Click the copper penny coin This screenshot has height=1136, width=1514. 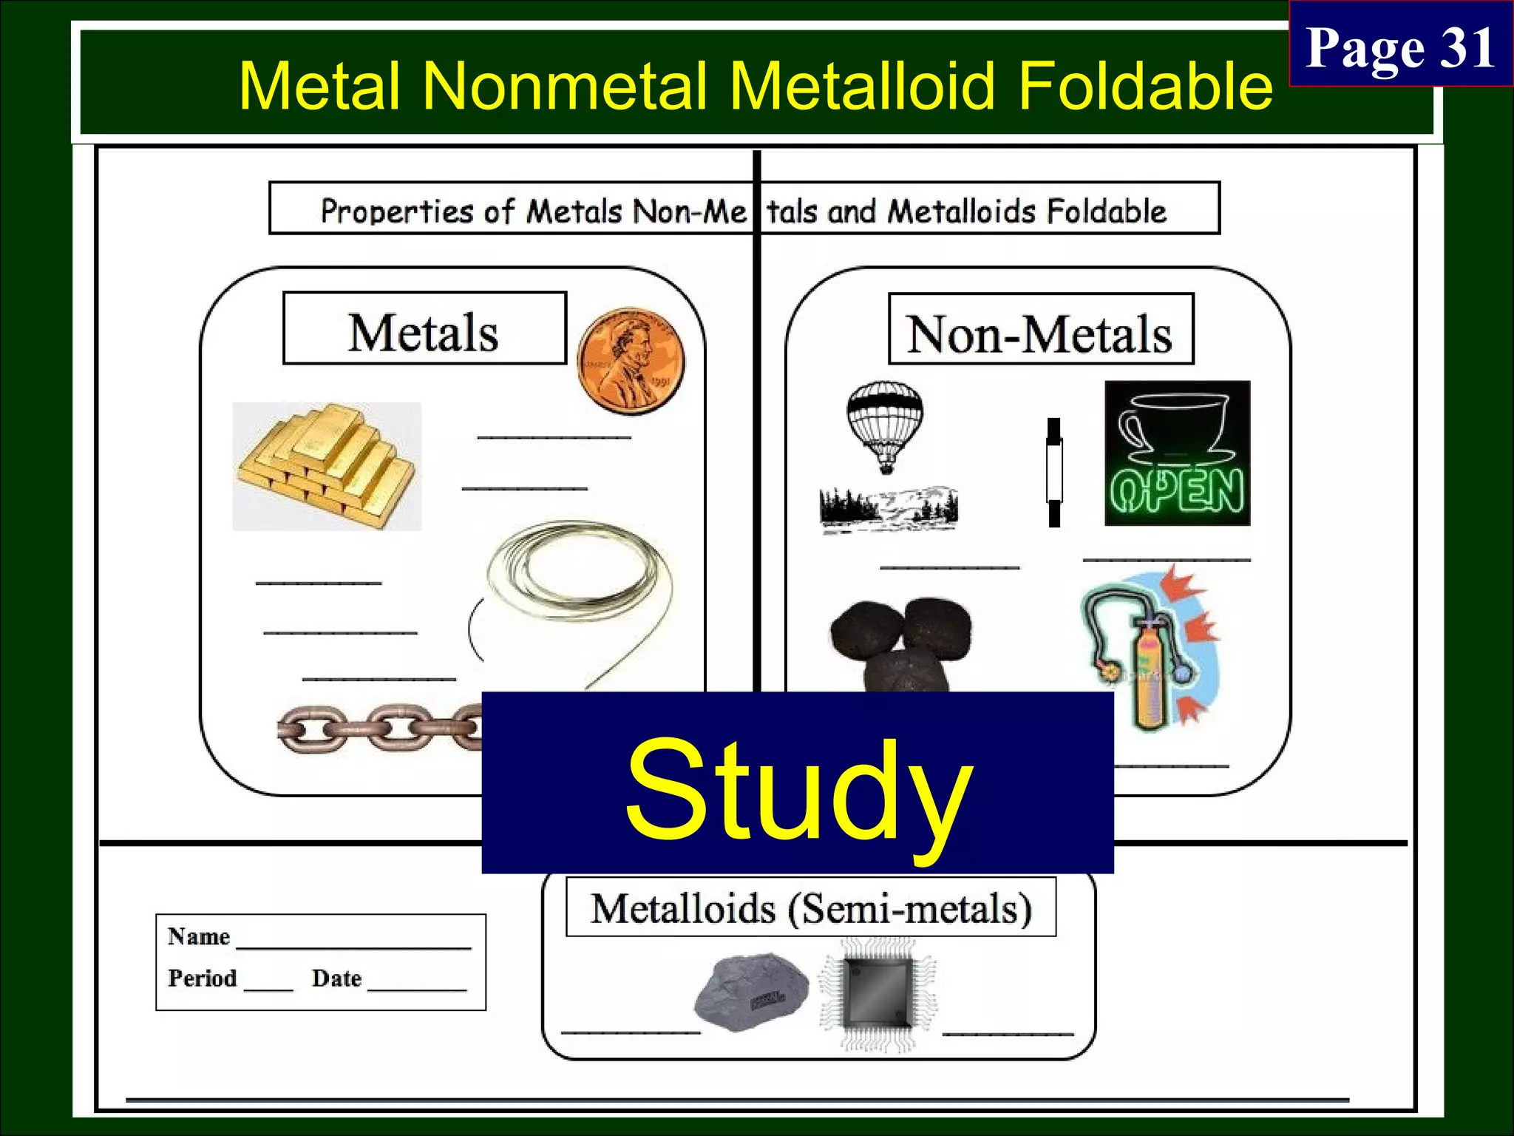[x=631, y=362]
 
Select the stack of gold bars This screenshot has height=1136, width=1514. [x=327, y=467]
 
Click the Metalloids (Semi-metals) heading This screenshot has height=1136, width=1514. [x=811, y=907]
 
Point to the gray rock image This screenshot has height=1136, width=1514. [x=751, y=992]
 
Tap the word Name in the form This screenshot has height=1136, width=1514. [x=199, y=936]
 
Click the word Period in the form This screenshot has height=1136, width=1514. [x=202, y=978]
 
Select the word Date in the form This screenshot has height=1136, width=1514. [x=336, y=978]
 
